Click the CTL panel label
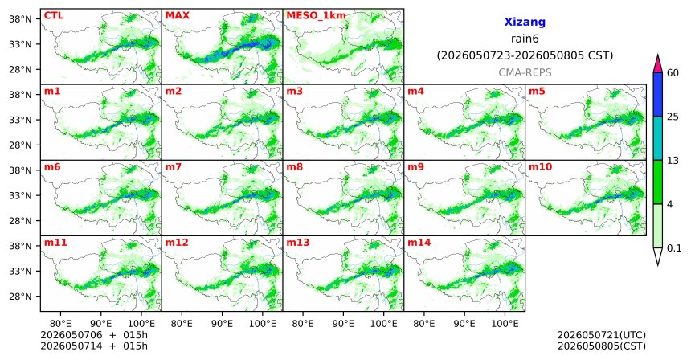pos(54,15)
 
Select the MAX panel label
pos(177,15)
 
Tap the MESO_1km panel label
pos(316,16)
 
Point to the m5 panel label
pos(537,92)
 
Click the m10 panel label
pos(540,167)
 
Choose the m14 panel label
pos(419,243)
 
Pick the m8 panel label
pos(294,167)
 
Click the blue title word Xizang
pos(525,22)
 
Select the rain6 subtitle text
pos(525,39)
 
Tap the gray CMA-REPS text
pos(525,72)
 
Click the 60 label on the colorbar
pos(673,72)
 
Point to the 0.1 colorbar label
pos(674,248)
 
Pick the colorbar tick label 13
pos(673,161)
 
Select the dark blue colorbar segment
pos(658,94)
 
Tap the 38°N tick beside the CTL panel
pos(21,19)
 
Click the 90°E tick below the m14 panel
pos(464,324)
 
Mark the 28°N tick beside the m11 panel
pos(21,297)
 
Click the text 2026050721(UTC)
pos(602,336)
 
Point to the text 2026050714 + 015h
pos(94,346)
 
